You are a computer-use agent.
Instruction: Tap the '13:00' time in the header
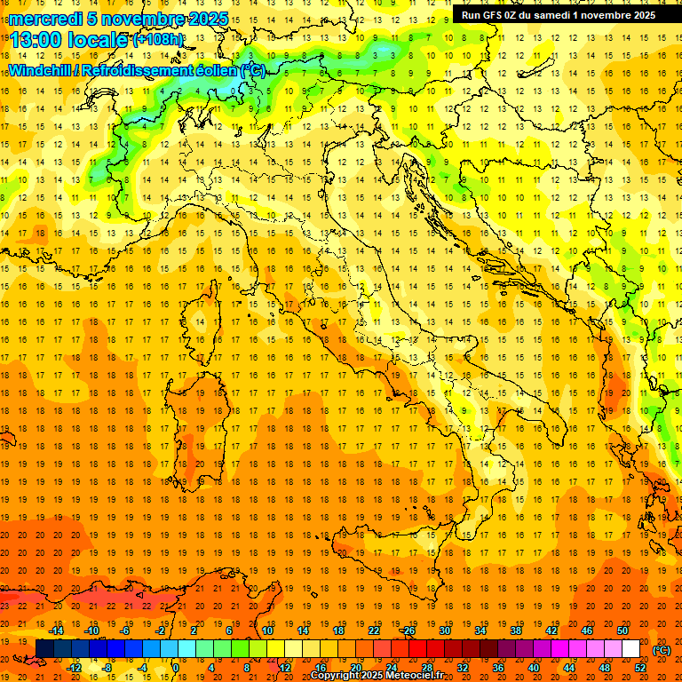click(35, 39)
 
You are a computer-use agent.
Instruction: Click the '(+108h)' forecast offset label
click(158, 40)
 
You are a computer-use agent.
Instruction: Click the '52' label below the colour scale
click(640, 668)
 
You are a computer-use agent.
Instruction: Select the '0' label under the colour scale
click(176, 668)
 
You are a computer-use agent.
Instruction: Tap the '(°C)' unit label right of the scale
click(661, 650)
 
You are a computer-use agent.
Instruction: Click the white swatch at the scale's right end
click(630, 649)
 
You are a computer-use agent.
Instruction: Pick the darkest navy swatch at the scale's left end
click(44, 649)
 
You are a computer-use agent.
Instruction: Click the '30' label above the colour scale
click(444, 630)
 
